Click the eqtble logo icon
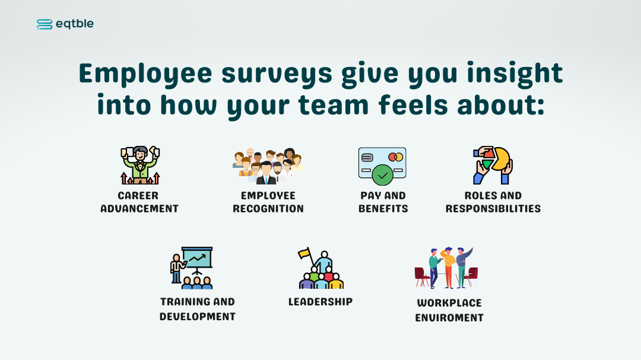tap(45, 24)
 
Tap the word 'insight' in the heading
tap(515, 74)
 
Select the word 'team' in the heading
tap(334, 106)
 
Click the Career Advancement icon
tap(140, 165)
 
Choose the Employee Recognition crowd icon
tap(268, 166)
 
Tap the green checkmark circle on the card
tap(383, 176)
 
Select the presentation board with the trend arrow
tap(197, 257)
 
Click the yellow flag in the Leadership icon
tap(304, 253)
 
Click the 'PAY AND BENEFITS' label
tap(383, 202)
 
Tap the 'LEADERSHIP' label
tap(320, 302)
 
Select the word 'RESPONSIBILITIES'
tap(493, 209)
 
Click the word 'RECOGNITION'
tap(268, 209)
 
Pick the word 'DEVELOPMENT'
tap(198, 317)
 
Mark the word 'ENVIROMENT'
tap(449, 318)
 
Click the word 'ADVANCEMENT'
tap(139, 209)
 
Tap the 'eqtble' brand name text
tap(75, 24)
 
